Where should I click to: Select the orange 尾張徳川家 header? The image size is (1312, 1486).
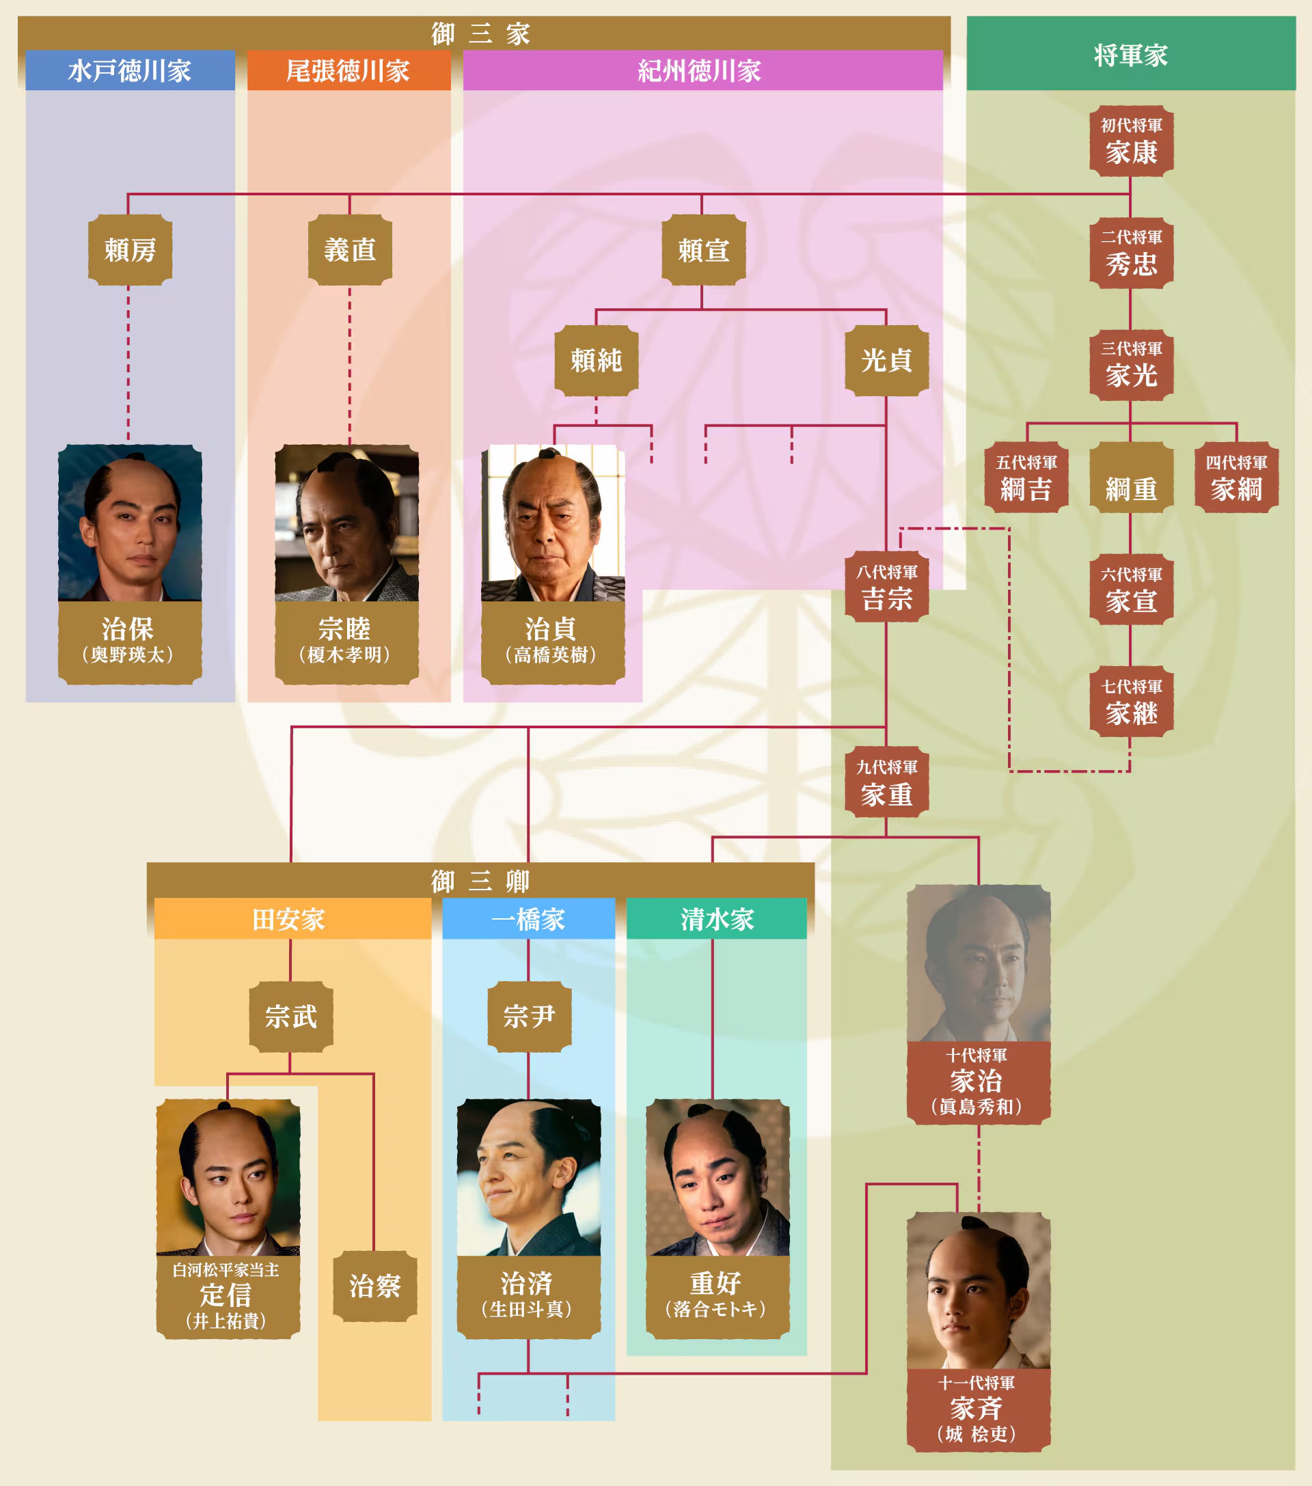click(x=348, y=70)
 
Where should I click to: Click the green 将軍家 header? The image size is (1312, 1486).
click(x=1130, y=55)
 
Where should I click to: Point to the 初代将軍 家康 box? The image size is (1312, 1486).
click(x=1131, y=141)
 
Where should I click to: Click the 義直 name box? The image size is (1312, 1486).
click(x=350, y=249)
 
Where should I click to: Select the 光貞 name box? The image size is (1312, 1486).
click(x=886, y=360)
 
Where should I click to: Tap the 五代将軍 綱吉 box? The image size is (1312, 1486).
click(x=1026, y=478)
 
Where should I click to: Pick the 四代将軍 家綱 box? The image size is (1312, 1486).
click(x=1236, y=478)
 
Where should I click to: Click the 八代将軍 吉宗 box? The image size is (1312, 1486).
click(x=886, y=588)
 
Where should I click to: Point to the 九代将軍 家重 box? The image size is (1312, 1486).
click(x=886, y=783)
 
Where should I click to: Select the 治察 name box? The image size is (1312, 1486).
click(x=374, y=1286)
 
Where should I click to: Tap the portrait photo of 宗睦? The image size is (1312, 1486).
click(x=347, y=523)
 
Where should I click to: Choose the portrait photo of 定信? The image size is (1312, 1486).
click(x=228, y=1178)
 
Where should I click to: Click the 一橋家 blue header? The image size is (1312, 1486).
click(x=529, y=919)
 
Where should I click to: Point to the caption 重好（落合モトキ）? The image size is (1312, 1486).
click(x=717, y=1296)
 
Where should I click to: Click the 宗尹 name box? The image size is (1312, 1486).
click(x=529, y=1017)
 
